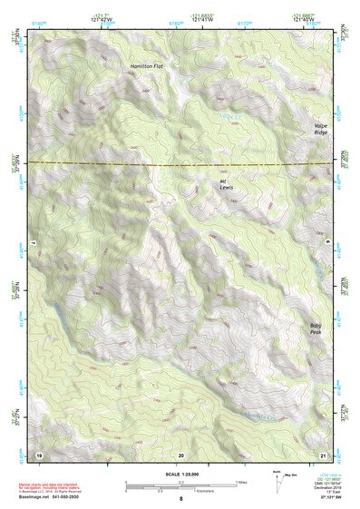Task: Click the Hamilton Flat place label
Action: pos(146,66)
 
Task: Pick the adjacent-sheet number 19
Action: pos(39,453)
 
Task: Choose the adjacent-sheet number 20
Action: pos(180,453)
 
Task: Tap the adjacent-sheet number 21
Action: pos(322,453)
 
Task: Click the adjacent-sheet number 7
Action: pos(31,245)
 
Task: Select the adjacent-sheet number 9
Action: pos(327,245)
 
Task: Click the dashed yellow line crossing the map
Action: pos(181,164)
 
